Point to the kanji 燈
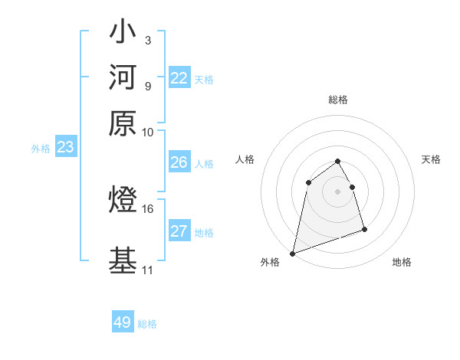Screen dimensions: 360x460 point(123,201)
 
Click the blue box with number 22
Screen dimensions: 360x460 point(179,78)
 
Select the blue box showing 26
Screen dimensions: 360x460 point(179,162)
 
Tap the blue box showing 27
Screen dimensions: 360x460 point(179,231)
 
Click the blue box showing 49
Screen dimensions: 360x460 point(123,322)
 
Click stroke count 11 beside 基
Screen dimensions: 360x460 point(148,270)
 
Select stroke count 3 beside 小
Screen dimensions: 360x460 point(147,40)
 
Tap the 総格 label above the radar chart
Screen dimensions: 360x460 point(338,100)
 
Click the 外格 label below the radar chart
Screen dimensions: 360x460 point(270,262)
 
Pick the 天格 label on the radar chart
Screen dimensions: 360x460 point(431,159)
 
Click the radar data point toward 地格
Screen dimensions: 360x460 point(364,229)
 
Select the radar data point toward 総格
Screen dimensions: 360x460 point(338,162)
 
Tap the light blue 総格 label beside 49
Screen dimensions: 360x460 point(147,324)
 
